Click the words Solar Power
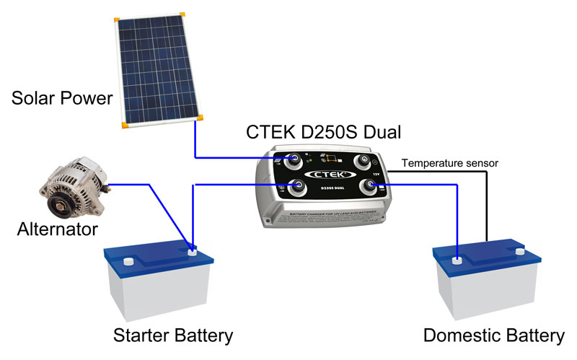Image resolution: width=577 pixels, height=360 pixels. click(x=63, y=97)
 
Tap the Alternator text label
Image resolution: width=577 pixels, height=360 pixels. click(x=57, y=230)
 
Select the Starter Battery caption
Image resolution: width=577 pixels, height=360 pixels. click(x=173, y=336)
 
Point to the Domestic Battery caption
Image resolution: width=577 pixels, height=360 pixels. click(x=493, y=336)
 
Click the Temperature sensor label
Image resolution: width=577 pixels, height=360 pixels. click(x=449, y=163)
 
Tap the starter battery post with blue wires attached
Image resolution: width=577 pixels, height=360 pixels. click(x=192, y=251)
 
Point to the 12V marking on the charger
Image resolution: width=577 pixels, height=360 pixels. click(x=376, y=174)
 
